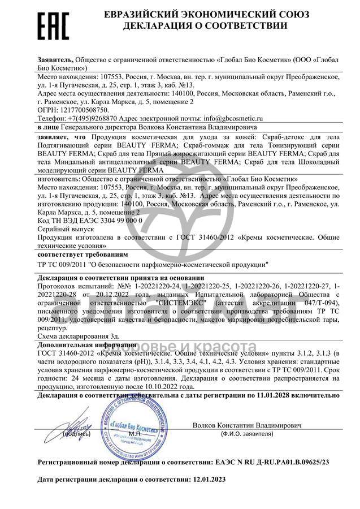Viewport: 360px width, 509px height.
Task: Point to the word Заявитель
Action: (x=55, y=58)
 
